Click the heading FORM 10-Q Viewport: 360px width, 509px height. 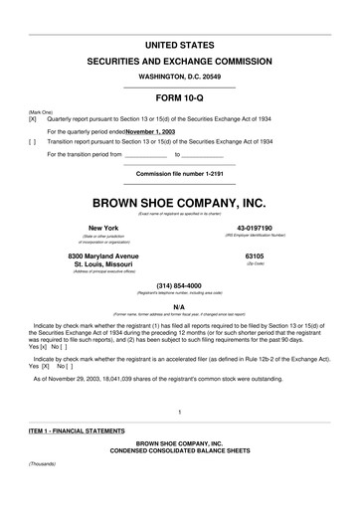point(179,97)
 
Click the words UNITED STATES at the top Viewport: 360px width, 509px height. point(179,46)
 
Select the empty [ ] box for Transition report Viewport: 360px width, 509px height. point(20,142)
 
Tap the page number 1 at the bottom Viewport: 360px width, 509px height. point(179,412)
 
